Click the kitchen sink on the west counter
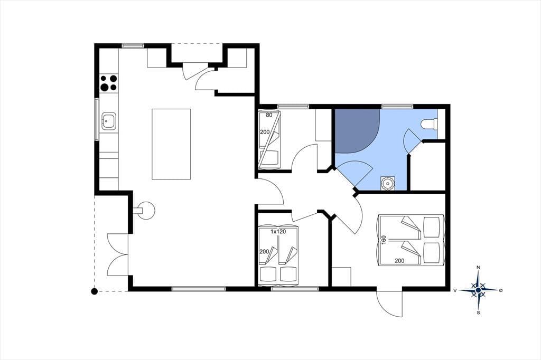109,121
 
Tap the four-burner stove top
109,83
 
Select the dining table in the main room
171,144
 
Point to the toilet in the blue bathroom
429,124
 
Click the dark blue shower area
356,130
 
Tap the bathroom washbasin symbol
388,183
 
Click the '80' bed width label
269,115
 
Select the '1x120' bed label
278,232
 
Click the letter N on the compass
478,267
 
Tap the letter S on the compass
478,313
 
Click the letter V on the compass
455,291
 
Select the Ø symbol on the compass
501,290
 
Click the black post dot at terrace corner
94,291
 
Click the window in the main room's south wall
199,289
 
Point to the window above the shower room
397,106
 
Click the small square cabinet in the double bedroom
341,277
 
